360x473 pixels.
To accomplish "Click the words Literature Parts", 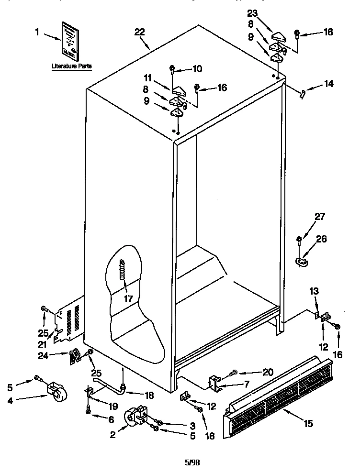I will (72, 66).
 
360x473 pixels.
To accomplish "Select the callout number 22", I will (139, 32).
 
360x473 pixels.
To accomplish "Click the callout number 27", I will (319, 217).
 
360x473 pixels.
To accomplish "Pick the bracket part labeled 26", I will (301, 261).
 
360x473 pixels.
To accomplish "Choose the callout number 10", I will (197, 68).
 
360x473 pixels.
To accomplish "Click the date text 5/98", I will (192, 462).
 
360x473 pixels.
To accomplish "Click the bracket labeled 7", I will (214, 383).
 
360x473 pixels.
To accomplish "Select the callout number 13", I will (313, 291).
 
